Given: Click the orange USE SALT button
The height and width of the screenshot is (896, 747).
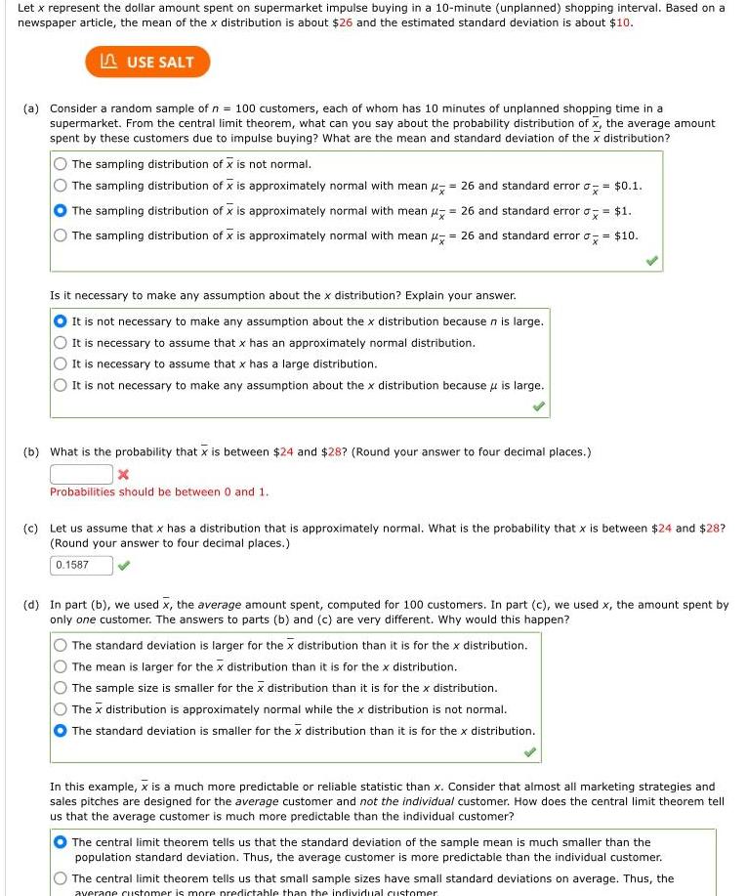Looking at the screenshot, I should pos(147,62).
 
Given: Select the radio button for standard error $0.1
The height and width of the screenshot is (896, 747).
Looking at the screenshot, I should pos(61,186).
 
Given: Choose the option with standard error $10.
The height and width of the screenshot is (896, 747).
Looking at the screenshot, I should pos(61,235).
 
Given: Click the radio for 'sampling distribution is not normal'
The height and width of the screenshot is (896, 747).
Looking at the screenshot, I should pos(61,164).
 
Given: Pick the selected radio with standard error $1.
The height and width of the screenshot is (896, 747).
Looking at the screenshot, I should pos(61,211).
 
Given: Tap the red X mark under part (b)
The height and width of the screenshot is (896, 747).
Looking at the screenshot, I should pos(123,475).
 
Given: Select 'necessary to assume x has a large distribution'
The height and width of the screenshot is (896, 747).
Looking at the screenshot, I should pos(61,364).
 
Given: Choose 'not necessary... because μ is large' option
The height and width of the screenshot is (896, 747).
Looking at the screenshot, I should pos(61,386).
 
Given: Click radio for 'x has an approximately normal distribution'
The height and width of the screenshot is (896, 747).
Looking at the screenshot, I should pos(61,343).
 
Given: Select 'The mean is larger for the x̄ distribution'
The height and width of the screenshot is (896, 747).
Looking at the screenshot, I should pos(61,667).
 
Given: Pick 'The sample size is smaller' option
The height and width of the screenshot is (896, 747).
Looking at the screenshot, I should pos(61,689).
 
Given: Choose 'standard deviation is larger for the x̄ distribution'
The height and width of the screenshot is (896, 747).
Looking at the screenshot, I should pos(61,646).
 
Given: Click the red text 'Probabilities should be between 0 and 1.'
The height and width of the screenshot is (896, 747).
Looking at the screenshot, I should pos(159,492).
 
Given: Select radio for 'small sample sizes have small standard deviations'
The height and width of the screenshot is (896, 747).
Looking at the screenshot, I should pos(61,879).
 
